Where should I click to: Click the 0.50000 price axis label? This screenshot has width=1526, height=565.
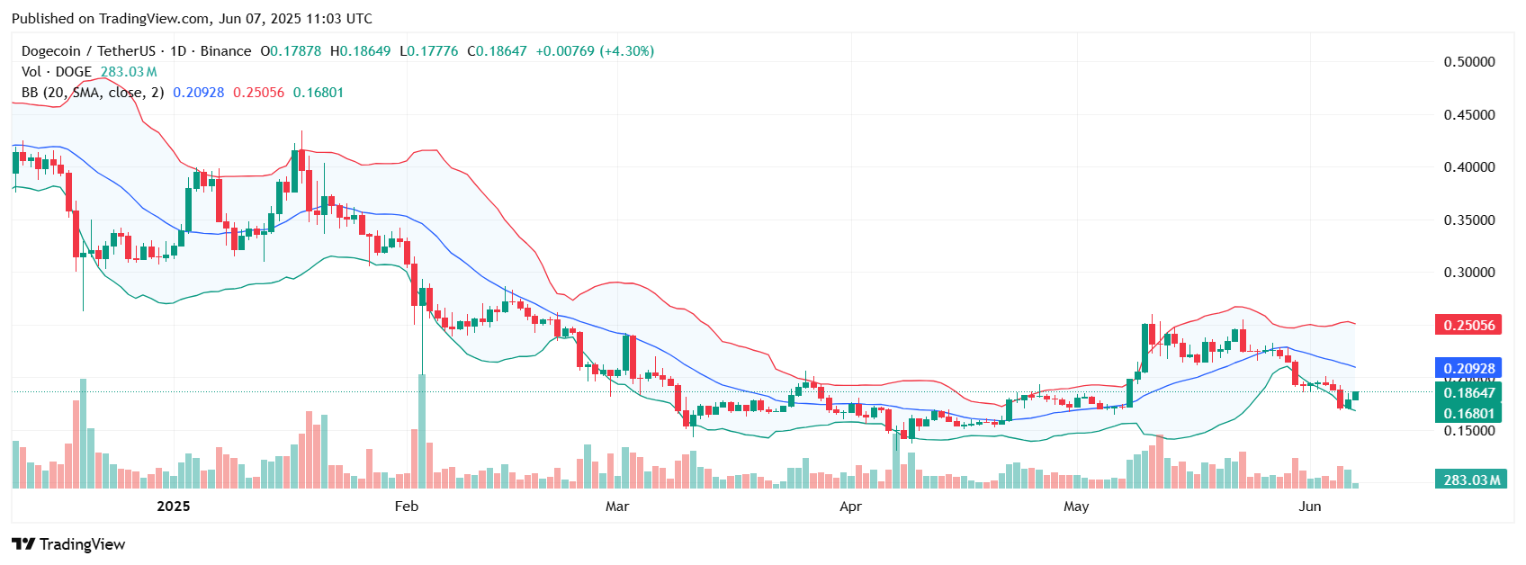pyautogui.click(x=1468, y=62)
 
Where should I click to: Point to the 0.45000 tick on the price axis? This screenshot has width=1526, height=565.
pyautogui.click(x=1468, y=115)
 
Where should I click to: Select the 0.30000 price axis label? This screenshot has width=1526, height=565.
pyautogui.click(x=1468, y=273)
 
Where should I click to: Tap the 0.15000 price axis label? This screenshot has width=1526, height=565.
pyautogui.click(x=1468, y=431)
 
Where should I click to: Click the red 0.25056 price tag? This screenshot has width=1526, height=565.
pyautogui.click(x=1468, y=326)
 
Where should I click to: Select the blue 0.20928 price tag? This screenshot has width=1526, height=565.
pyautogui.click(x=1468, y=369)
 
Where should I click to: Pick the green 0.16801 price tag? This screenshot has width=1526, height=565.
pyautogui.click(x=1468, y=414)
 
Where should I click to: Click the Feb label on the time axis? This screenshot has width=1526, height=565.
pyautogui.click(x=407, y=507)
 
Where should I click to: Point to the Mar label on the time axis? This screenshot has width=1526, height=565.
pyautogui.click(x=617, y=507)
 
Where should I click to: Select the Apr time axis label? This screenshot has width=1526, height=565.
pyautogui.click(x=850, y=507)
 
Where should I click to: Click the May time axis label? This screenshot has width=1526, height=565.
pyautogui.click(x=1076, y=507)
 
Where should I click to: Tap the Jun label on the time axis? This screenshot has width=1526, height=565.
pyautogui.click(x=1310, y=507)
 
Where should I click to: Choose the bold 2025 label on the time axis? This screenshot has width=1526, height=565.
pyautogui.click(x=174, y=507)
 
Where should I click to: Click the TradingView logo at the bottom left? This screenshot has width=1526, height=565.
pyautogui.click(x=68, y=544)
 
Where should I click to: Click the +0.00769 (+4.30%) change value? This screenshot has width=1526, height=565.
pyautogui.click(x=595, y=51)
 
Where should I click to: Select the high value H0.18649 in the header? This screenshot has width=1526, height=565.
pyautogui.click(x=360, y=51)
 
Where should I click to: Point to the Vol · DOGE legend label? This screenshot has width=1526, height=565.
pyautogui.click(x=57, y=72)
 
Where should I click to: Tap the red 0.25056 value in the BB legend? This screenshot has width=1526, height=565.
pyautogui.click(x=258, y=93)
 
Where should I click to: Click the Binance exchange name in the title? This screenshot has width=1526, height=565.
pyautogui.click(x=226, y=51)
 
